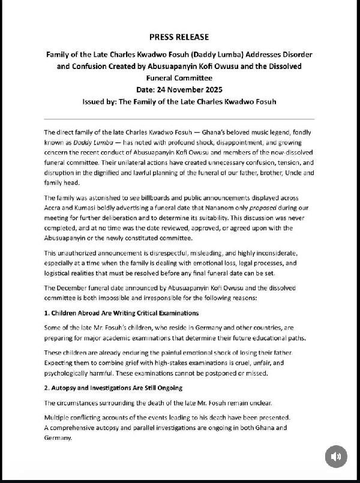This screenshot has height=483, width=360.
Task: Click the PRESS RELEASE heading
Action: click(x=179, y=37)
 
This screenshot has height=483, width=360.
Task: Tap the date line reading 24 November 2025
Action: click(x=179, y=89)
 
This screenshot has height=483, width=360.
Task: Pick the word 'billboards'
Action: click(x=155, y=198)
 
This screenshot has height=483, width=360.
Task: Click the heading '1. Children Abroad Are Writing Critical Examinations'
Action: click(x=121, y=313)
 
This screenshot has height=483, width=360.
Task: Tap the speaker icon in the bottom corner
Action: click(x=336, y=457)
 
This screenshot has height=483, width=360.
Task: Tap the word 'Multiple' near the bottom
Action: click(x=59, y=417)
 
